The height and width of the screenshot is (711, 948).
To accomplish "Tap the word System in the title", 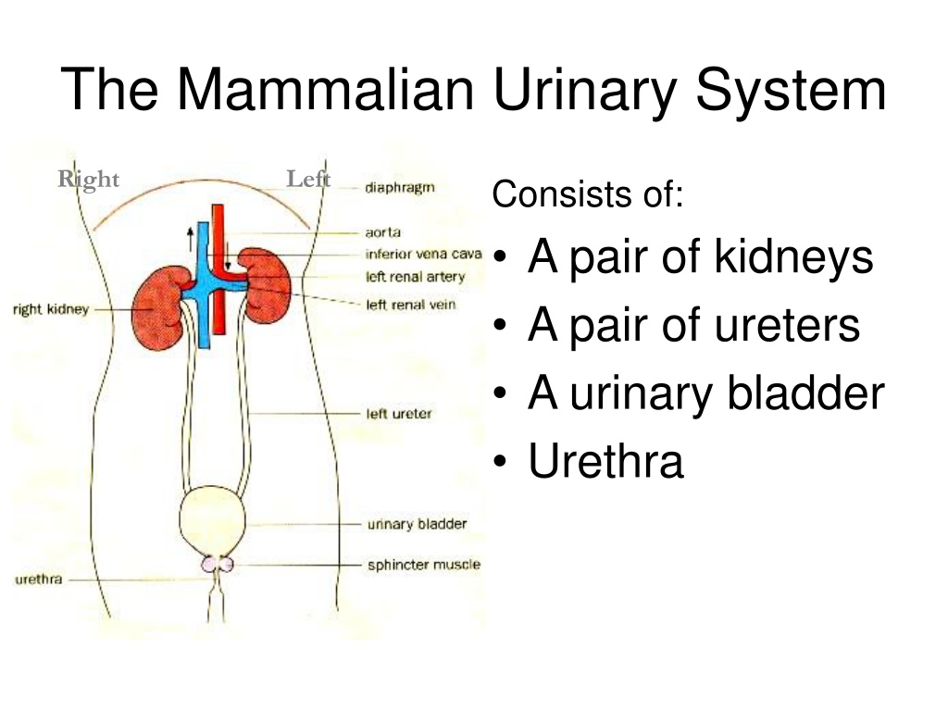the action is click(791, 91).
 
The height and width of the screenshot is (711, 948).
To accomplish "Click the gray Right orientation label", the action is click(88, 180).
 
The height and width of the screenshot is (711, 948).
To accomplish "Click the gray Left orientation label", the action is click(308, 179).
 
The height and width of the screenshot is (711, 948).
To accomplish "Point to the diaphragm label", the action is click(400, 188).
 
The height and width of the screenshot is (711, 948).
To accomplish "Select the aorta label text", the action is click(382, 232).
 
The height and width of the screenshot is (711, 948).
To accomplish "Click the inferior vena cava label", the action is click(423, 254).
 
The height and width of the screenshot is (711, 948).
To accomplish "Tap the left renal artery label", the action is click(416, 277).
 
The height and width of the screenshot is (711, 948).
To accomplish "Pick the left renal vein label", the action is click(410, 305).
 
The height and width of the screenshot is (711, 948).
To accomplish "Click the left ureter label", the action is click(399, 414).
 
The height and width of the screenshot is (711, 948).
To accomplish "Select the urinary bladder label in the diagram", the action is click(418, 524).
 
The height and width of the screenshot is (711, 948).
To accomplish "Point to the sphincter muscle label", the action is click(424, 565).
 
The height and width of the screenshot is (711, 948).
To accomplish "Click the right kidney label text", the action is click(51, 309).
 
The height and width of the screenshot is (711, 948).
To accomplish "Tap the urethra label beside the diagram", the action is click(39, 580).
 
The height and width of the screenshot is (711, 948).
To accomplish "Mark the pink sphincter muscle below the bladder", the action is click(217, 564).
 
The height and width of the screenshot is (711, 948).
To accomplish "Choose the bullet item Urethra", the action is click(605, 461).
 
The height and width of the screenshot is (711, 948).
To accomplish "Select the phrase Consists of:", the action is click(588, 194).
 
